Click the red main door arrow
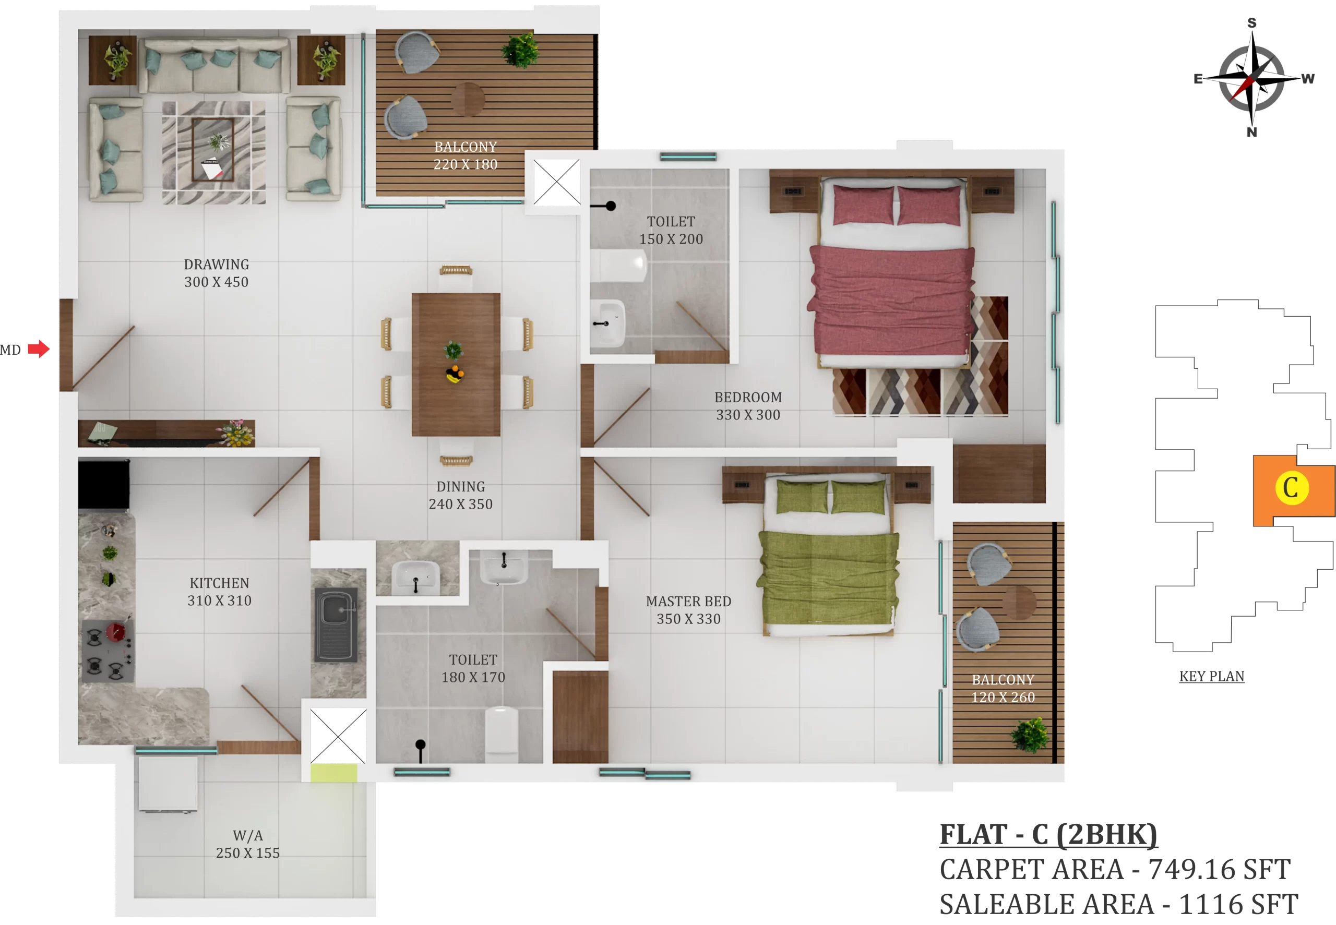click(39, 349)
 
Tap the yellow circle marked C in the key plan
click(1291, 488)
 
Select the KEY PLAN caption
click(1211, 676)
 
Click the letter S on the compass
click(1252, 23)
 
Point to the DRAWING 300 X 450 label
click(216, 273)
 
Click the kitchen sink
click(336, 625)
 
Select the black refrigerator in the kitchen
click(104, 485)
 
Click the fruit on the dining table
click(454, 375)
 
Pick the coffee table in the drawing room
click(213, 149)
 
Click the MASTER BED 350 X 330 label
click(688, 610)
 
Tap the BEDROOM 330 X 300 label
click(748, 406)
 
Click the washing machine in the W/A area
click(168, 784)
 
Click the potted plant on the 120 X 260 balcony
click(1030, 735)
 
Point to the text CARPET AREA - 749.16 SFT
click(1115, 869)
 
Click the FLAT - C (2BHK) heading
click(1048, 835)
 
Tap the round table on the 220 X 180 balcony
click(468, 99)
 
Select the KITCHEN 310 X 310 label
click(219, 592)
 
